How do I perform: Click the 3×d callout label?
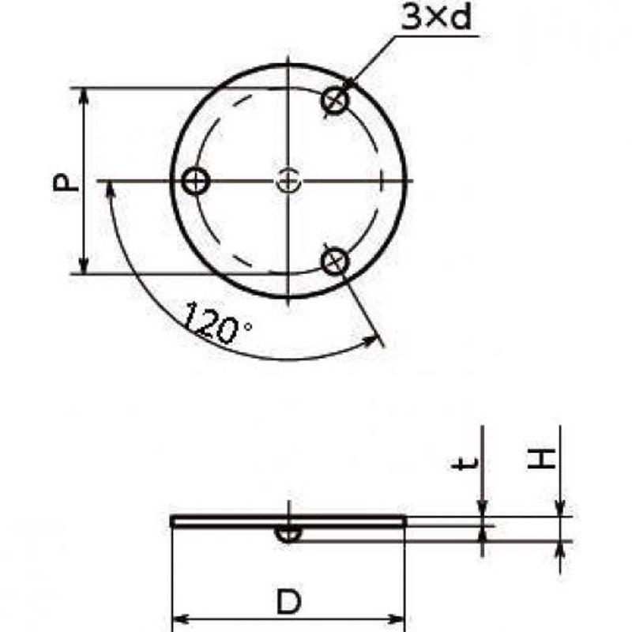437,17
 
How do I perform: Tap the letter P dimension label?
66,182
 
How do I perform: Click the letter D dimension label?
288,601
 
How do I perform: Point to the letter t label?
465,464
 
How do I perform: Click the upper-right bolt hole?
335,100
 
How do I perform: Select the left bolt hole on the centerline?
196,181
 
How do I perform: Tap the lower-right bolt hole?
335,261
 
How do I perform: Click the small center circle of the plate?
288,181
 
